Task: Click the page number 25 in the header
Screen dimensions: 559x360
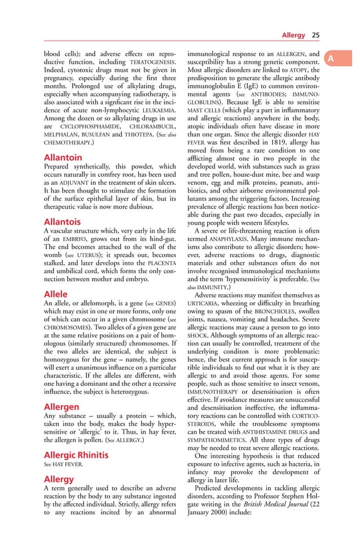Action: pyautogui.click(x=315, y=36)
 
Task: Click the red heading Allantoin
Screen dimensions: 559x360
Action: pyautogui.click(x=63, y=158)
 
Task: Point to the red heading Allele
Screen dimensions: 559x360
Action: pyautogui.click(x=56, y=294)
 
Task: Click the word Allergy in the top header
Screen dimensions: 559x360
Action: pyautogui.click(x=293, y=36)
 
